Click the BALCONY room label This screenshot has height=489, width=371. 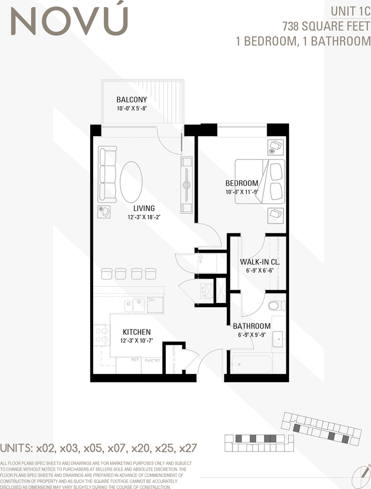point(131,99)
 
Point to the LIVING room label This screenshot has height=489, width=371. point(144,208)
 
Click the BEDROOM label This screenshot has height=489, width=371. point(242,183)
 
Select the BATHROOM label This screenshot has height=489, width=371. point(251,326)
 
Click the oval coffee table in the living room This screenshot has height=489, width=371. point(131,182)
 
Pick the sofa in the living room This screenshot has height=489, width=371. point(108,174)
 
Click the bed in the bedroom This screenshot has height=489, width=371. point(260,181)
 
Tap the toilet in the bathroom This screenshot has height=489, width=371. point(276,306)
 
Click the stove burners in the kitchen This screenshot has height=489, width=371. point(102,334)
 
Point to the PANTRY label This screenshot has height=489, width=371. point(152,361)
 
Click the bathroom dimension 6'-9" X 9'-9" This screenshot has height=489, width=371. point(251,336)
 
